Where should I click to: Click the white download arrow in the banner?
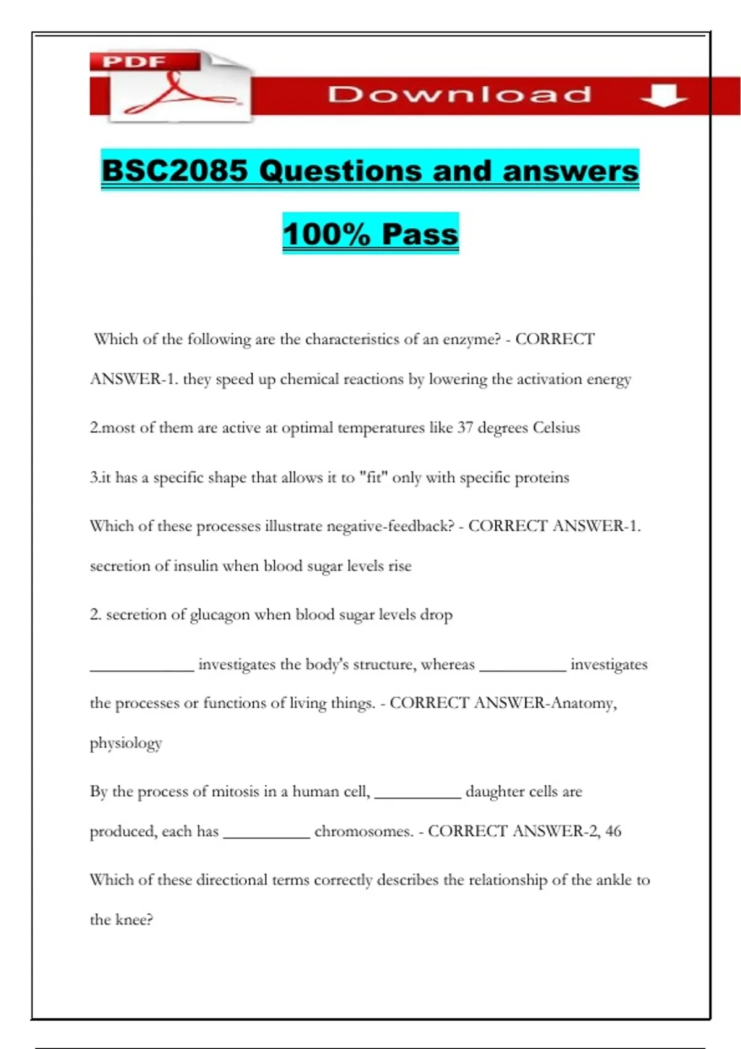click(664, 95)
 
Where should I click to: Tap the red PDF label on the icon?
click(134, 62)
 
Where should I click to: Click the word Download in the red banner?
click(459, 95)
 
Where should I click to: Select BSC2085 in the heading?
click(175, 171)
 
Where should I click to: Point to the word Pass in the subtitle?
click(420, 234)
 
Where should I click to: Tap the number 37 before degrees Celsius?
click(465, 428)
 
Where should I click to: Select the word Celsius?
click(556, 428)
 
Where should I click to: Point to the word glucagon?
click(220, 615)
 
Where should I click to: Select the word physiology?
click(126, 744)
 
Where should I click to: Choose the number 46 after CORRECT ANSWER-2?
click(613, 831)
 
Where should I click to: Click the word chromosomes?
click(363, 832)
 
